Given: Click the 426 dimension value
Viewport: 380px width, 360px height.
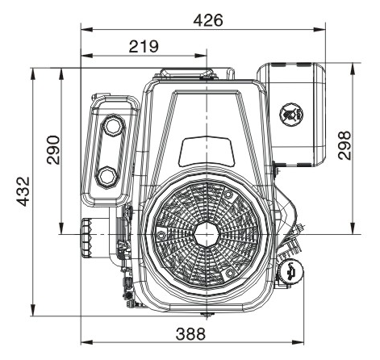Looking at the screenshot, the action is click(x=208, y=20).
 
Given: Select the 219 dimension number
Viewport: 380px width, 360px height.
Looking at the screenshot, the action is click(x=144, y=46).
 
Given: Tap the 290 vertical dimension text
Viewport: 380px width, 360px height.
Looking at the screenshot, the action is click(x=53, y=150).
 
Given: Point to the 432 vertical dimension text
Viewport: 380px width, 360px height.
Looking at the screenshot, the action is click(x=23, y=191).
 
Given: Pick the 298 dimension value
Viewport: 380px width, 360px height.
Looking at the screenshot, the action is click(x=345, y=145).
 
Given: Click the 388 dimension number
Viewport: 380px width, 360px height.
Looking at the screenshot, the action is click(x=190, y=334).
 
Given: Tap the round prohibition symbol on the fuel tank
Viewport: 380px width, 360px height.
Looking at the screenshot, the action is click(x=291, y=114).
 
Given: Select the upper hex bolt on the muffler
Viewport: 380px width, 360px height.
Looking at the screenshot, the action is click(x=115, y=125).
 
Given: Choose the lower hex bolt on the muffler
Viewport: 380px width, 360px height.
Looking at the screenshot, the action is click(x=107, y=177).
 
